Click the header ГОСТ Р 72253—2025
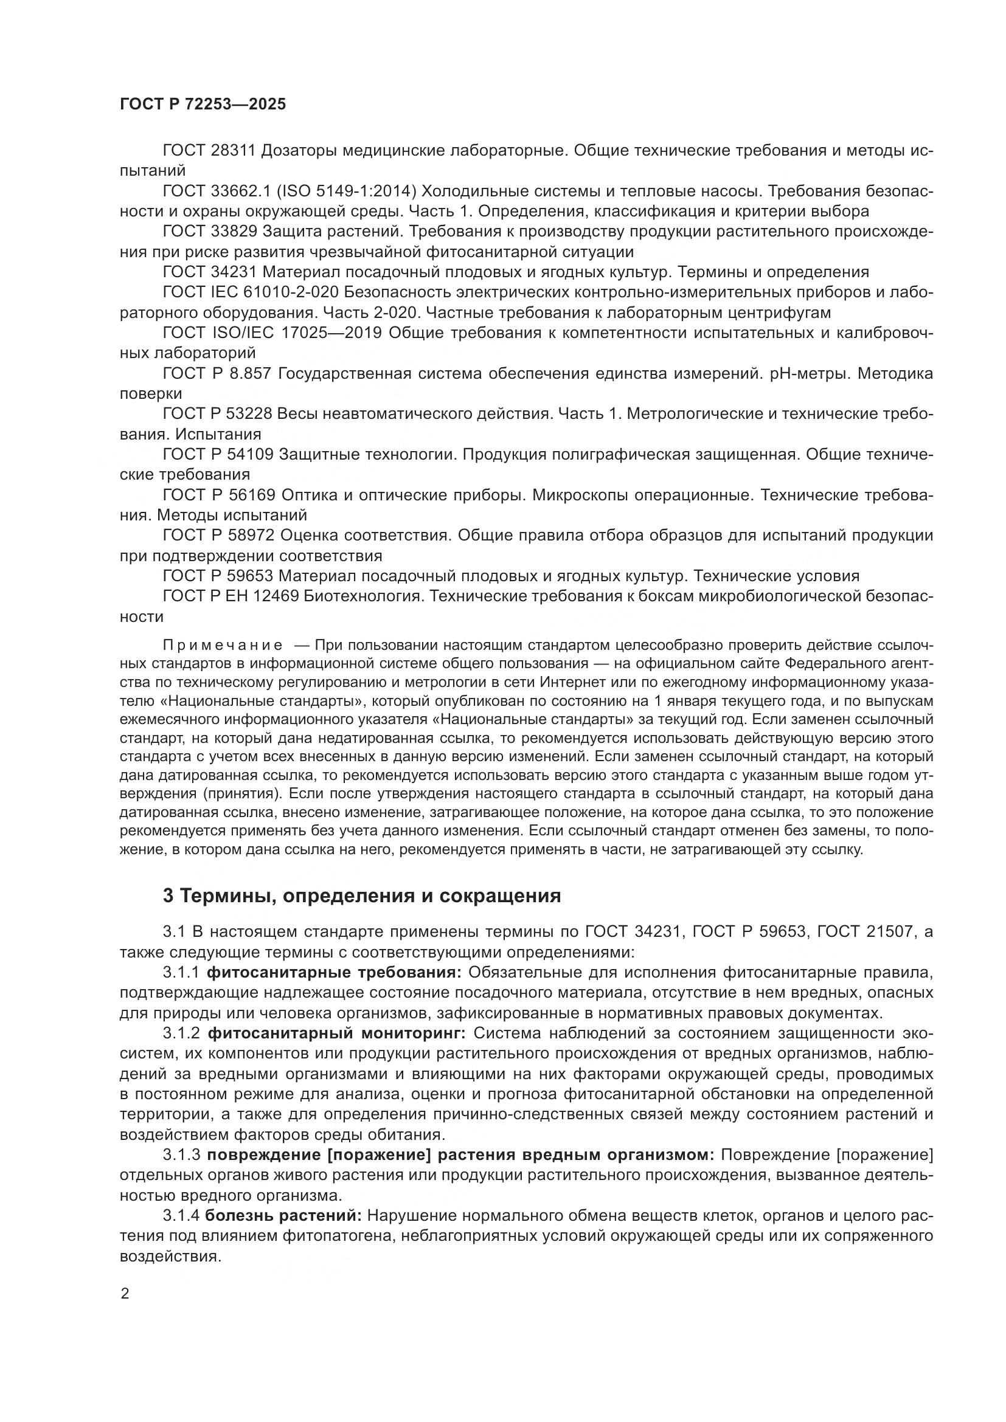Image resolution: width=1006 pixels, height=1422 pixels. point(203,104)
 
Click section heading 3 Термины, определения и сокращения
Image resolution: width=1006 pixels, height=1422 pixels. point(362,896)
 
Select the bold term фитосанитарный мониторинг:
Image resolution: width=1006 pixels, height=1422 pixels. point(337,1032)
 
